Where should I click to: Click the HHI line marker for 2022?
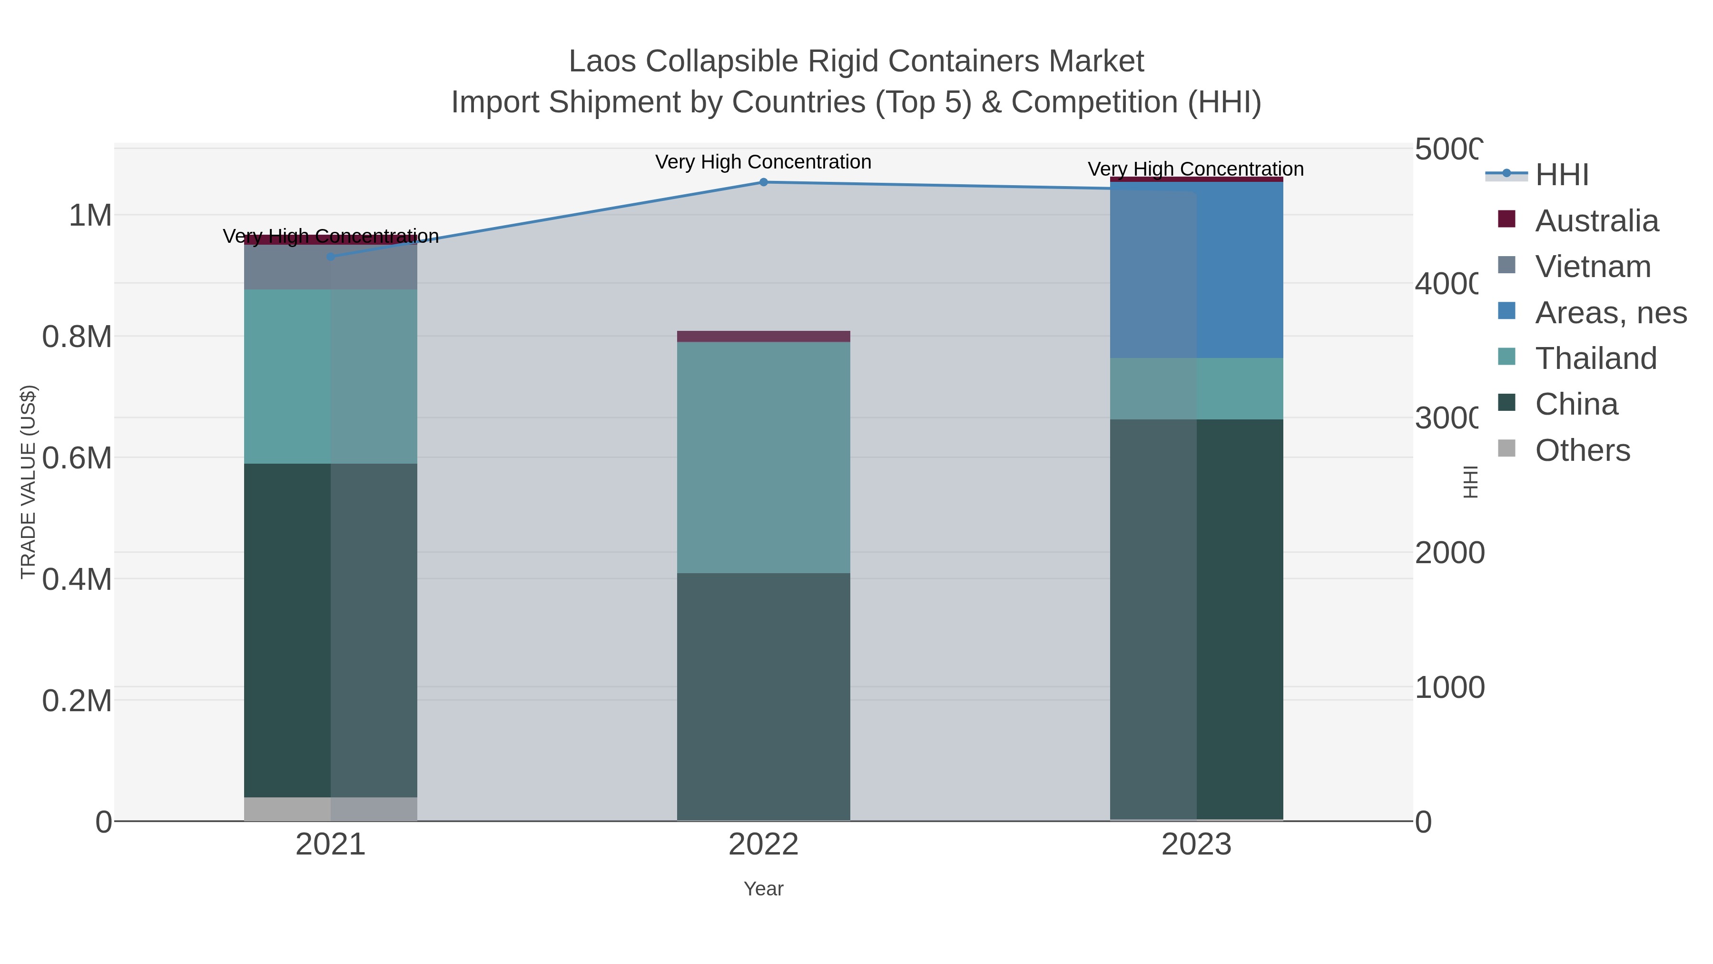[763, 182]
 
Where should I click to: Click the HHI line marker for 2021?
[331, 257]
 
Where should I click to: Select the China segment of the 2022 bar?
[763, 696]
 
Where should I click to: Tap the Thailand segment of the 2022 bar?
[763, 457]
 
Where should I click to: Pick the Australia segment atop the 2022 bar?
[763, 336]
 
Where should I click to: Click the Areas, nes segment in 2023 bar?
[1196, 269]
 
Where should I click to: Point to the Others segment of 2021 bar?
[331, 808]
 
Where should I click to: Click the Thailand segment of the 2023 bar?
[1196, 388]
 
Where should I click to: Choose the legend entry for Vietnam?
[1593, 267]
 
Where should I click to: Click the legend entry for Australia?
[1596, 221]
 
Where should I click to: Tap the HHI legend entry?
[1561, 175]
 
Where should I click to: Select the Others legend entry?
[1582, 450]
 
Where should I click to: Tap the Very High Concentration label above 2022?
[763, 162]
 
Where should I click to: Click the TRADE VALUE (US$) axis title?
[28, 482]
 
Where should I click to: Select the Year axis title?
[763, 889]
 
